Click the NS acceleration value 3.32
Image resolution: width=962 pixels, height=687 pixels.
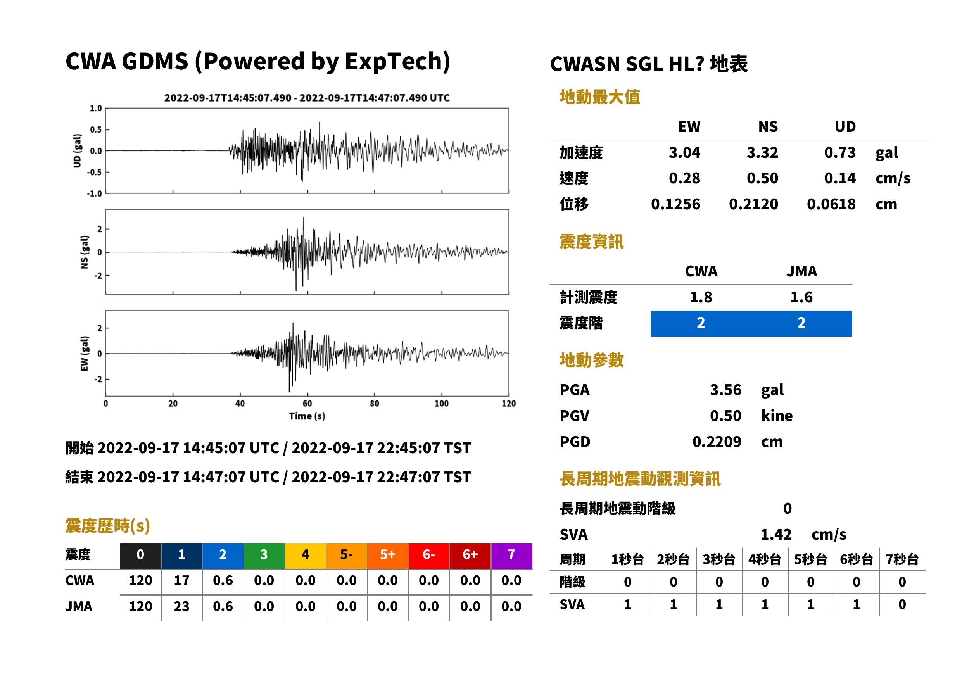click(762, 153)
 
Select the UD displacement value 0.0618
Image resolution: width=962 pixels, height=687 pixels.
click(831, 204)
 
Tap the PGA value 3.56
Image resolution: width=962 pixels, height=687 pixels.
click(725, 390)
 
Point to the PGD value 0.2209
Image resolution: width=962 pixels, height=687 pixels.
click(717, 442)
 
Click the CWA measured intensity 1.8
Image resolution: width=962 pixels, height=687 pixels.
click(701, 297)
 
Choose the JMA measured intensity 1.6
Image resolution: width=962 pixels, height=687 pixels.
click(801, 297)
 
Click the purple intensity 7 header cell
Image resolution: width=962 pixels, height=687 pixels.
click(511, 556)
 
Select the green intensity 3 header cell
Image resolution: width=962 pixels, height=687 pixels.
click(264, 556)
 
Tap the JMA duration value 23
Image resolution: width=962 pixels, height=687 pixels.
click(181, 606)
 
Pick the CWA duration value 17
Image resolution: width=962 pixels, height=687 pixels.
click(181, 580)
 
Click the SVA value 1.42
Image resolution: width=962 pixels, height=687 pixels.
click(776, 534)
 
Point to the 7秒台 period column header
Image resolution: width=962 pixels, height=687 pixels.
click(902, 559)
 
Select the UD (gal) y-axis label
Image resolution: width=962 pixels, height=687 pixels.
click(77, 150)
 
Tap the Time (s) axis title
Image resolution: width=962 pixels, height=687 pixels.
click(307, 416)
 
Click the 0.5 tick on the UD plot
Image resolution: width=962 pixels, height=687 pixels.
click(96, 129)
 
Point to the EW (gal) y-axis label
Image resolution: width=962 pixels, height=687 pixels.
click(85, 354)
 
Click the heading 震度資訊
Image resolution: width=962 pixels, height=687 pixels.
click(591, 242)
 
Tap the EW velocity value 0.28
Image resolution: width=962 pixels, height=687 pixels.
click(684, 178)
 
